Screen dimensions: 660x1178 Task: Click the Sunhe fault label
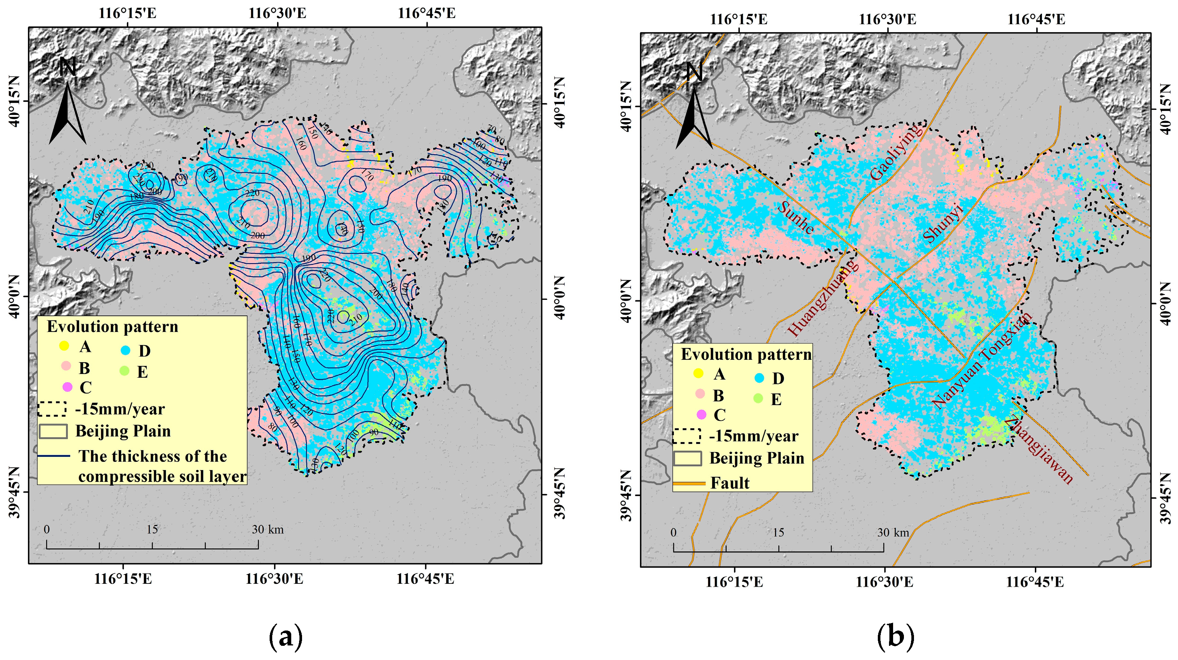click(796, 218)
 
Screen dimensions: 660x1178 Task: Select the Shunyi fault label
click(943, 223)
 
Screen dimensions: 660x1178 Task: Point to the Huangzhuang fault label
click(823, 298)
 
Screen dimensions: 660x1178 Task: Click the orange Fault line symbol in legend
click(689, 483)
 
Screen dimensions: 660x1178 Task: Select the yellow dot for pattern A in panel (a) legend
click(65, 346)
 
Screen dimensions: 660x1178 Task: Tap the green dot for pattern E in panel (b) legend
click(758, 399)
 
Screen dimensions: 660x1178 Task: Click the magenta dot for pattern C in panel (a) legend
click(67, 387)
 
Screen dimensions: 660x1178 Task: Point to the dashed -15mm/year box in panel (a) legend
click(52, 409)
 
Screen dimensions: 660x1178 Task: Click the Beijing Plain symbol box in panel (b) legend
click(687, 458)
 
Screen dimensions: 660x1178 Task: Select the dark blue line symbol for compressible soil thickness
click(53, 456)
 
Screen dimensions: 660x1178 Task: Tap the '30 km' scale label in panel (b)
click(893, 533)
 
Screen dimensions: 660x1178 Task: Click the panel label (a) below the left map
click(286, 636)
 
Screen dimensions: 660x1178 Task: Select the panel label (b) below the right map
click(895, 636)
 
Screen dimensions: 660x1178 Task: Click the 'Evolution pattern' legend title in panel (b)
click(746, 354)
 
